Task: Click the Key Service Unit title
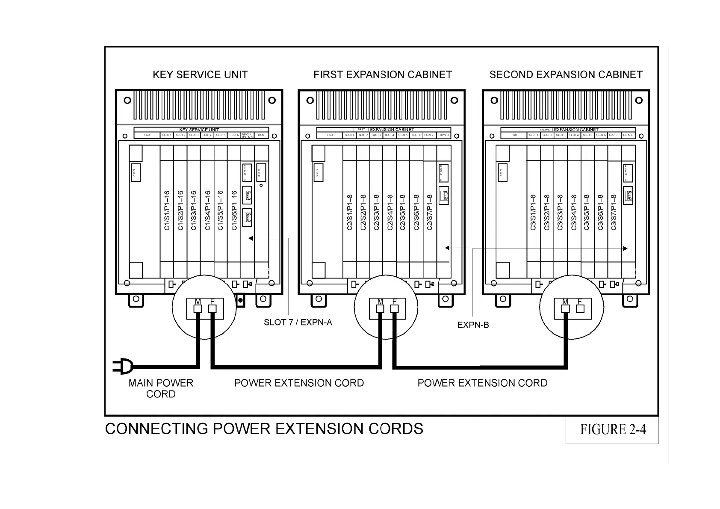coord(200,75)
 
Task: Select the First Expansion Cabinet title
coord(383,75)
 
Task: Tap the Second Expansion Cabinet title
coord(566,75)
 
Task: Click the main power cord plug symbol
coord(123,367)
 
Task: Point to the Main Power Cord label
coord(161,388)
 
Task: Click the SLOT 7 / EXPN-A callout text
coord(298,323)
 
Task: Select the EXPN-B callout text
coord(473,325)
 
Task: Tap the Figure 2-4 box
coord(612,429)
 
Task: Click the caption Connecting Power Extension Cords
coord(264,429)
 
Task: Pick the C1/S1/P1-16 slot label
coord(167,210)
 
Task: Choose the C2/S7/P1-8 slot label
coord(430,213)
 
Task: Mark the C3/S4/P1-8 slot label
coord(574,213)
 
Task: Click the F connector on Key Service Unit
coord(212,309)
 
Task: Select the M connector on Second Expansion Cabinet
coord(566,309)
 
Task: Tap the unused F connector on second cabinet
coord(580,308)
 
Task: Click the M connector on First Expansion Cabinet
coord(381,309)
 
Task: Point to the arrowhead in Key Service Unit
coord(251,238)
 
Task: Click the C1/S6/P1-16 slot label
coord(234,210)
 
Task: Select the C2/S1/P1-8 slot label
coord(350,213)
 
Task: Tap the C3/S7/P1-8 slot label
coord(614,213)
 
